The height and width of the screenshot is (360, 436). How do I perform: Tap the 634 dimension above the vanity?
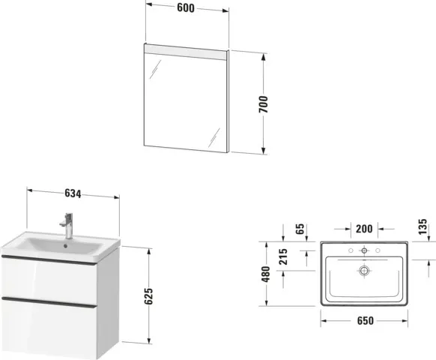73,193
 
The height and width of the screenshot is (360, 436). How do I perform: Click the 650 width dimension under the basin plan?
364,320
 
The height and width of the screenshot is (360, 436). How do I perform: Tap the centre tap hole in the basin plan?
364,250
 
